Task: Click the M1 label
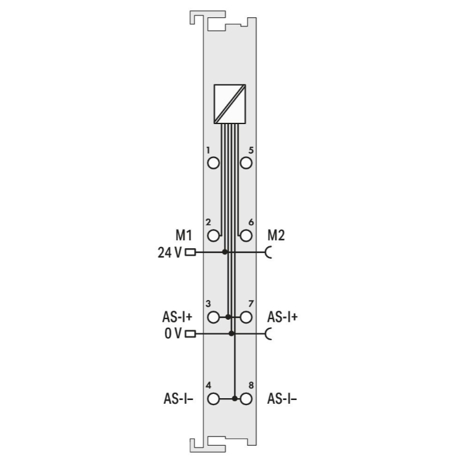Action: [184, 235]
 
